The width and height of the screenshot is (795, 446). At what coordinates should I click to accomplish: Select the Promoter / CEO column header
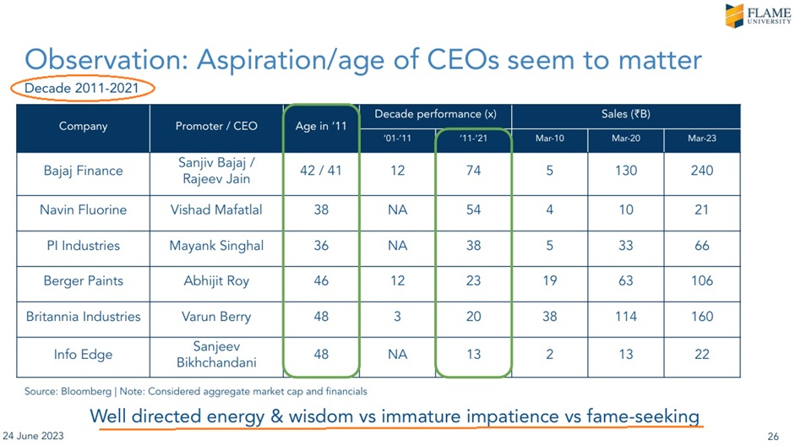click(x=215, y=127)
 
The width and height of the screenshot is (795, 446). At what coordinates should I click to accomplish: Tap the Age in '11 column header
click(x=321, y=127)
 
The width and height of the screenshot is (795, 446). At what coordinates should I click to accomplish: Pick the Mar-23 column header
click(x=701, y=139)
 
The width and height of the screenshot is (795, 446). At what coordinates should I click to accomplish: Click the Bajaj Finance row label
click(x=83, y=171)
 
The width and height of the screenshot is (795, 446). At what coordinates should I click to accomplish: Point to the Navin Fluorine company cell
click(x=83, y=209)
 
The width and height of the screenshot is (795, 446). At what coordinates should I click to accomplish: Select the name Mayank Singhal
click(x=216, y=246)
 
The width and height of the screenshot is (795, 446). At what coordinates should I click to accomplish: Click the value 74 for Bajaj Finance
click(x=473, y=171)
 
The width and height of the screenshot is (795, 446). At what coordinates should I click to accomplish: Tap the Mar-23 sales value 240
click(x=701, y=171)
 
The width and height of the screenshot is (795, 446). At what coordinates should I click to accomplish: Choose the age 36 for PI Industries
click(x=321, y=246)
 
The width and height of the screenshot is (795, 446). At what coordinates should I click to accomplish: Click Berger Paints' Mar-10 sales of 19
click(x=549, y=281)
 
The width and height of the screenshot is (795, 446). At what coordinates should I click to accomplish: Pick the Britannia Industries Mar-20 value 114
click(x=625, y=317)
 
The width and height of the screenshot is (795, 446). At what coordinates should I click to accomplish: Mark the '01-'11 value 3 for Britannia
click(x=397, y=317)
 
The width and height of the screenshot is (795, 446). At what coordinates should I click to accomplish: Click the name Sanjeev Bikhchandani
click(x=216, y=355)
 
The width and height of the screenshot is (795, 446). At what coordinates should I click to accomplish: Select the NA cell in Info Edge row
click(x=397, y=355)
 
